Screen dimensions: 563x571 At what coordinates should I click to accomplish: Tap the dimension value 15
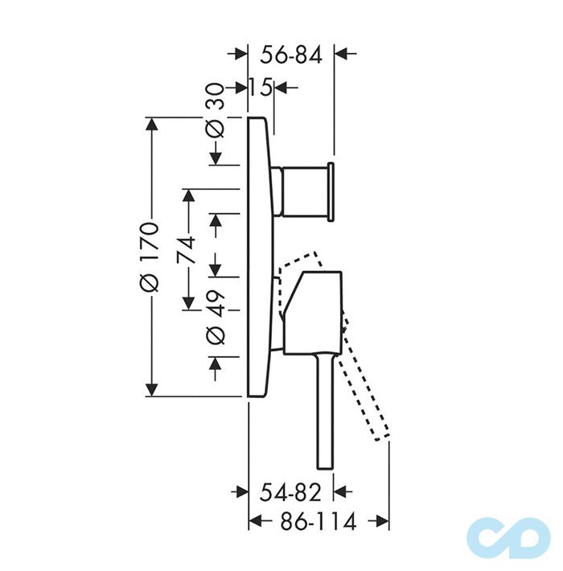point(261,88)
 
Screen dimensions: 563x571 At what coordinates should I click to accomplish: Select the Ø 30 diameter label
point(216,110)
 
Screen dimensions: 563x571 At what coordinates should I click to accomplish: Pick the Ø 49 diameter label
point(216,317)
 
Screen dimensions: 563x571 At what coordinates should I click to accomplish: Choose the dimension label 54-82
point(290,493)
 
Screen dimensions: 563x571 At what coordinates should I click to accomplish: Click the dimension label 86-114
point(318,521)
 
